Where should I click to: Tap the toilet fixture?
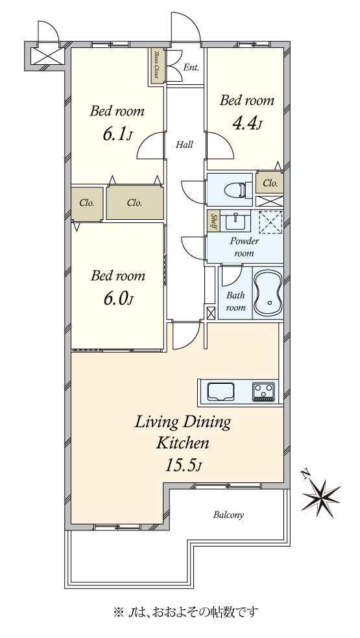[x=236, y=190]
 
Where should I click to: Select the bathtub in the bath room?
[x=267, y=293]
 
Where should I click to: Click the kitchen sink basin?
[x=222, y=392]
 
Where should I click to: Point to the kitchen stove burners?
[x=264, y=392]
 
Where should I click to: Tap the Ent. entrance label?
[x=191, y=67]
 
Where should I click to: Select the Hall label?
[x=184, y=144]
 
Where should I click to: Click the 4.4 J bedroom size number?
[x=246, y=124]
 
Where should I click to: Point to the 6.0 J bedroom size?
[x=117, y=299]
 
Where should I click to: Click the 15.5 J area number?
[x=183, y=465]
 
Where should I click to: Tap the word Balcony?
[x=228, y=515]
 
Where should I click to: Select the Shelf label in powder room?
[x=213, y=221]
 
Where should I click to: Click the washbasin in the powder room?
[x=236, y=220]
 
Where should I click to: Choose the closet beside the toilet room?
[x=270, y=183]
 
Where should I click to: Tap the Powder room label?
[x=245, y=247]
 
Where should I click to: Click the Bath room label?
[x=236, y=301]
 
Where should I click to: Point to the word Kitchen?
[x=183, y=443]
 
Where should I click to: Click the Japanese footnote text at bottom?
[x=186, y=611]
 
